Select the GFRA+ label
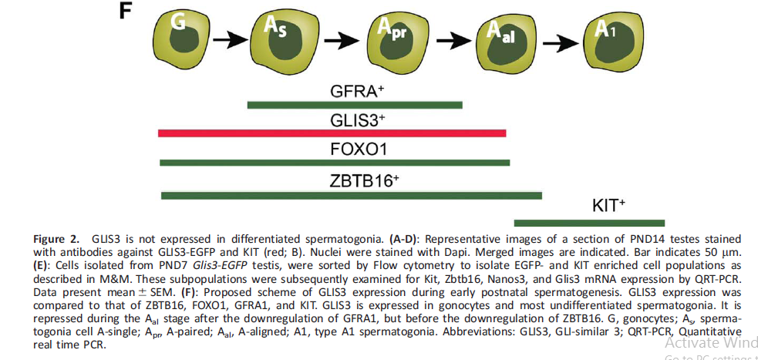pos(358,90)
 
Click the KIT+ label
pos(608,206)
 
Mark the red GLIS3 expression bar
pos(332,133)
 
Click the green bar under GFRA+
pos(354,105)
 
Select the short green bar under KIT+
pos(589,222)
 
